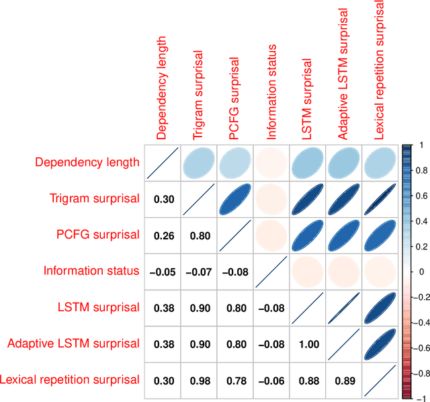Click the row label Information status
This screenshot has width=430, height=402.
pyautogui.click(x=91, y=271)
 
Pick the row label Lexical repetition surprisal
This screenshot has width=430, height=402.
pyautogui.click(x=70, y=380)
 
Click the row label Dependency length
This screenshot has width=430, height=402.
pyautogui.click(x=87, y=162)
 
